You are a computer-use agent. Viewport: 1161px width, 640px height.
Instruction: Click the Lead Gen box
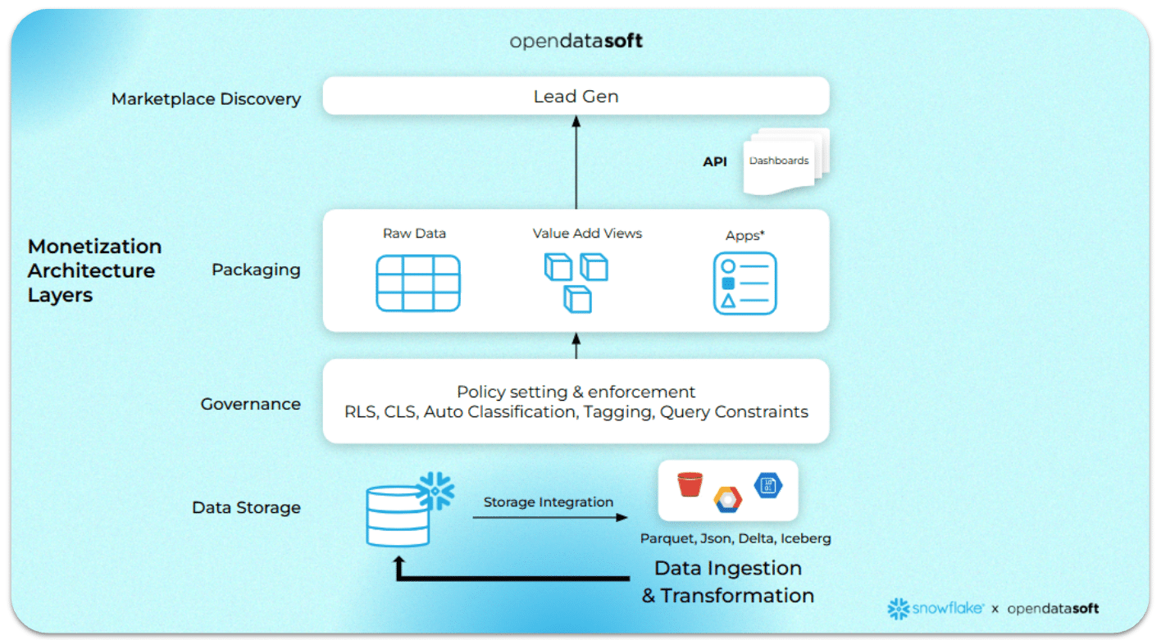576,96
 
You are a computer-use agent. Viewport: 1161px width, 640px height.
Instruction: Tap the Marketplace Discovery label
206,99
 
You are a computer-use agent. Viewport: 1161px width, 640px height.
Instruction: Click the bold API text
715,161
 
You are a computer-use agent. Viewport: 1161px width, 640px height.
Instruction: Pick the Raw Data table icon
418,283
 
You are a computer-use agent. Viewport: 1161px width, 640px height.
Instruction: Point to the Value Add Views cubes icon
576,281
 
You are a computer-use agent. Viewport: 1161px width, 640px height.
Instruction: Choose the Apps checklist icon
744,284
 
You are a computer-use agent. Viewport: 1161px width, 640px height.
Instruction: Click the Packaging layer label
256,270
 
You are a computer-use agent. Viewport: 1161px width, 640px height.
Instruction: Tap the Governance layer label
250,404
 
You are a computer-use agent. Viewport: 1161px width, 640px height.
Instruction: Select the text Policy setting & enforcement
576,392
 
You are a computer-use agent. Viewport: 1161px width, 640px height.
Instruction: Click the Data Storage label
246,508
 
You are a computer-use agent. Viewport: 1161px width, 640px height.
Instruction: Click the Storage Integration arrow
549,517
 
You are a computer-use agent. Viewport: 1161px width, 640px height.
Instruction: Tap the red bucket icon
690,484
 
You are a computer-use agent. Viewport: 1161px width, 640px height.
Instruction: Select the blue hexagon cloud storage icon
768,484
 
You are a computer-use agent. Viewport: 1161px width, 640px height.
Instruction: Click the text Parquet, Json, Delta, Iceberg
735,538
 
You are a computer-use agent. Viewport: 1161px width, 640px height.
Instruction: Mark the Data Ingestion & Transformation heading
728,582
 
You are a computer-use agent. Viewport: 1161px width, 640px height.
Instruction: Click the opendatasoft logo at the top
576,40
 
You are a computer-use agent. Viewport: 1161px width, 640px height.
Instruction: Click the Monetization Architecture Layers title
94,270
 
